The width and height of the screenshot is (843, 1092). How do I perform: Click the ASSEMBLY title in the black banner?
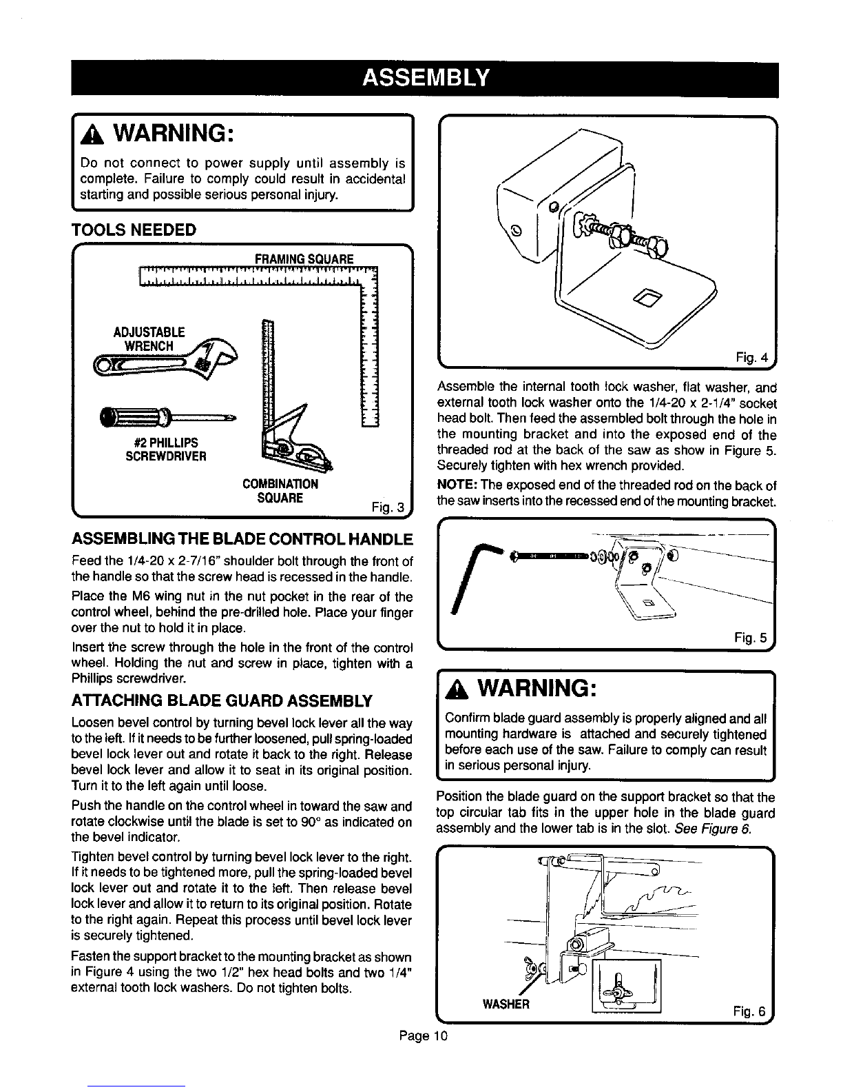[425, 78]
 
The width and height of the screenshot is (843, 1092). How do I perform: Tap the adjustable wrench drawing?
[166, 359]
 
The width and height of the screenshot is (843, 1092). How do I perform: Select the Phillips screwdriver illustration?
[167, 416]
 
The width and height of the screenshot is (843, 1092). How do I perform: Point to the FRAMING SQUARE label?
[304, 259]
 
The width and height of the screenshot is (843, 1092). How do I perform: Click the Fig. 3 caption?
[388, 507]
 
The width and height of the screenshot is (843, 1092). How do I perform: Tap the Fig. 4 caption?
[751, 357]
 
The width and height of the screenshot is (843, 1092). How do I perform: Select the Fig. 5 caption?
[751, 638]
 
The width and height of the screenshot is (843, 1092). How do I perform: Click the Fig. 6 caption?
[749, 1011]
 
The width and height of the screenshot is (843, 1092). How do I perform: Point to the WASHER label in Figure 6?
[506, 1004]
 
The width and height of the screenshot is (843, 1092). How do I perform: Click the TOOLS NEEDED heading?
[134, 230]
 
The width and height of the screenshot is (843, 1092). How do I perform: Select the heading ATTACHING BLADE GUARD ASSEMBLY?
[222, 700]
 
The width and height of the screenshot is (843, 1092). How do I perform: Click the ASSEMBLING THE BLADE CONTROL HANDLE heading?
[242, 539]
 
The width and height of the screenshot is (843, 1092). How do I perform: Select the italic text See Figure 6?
[712, 829]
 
